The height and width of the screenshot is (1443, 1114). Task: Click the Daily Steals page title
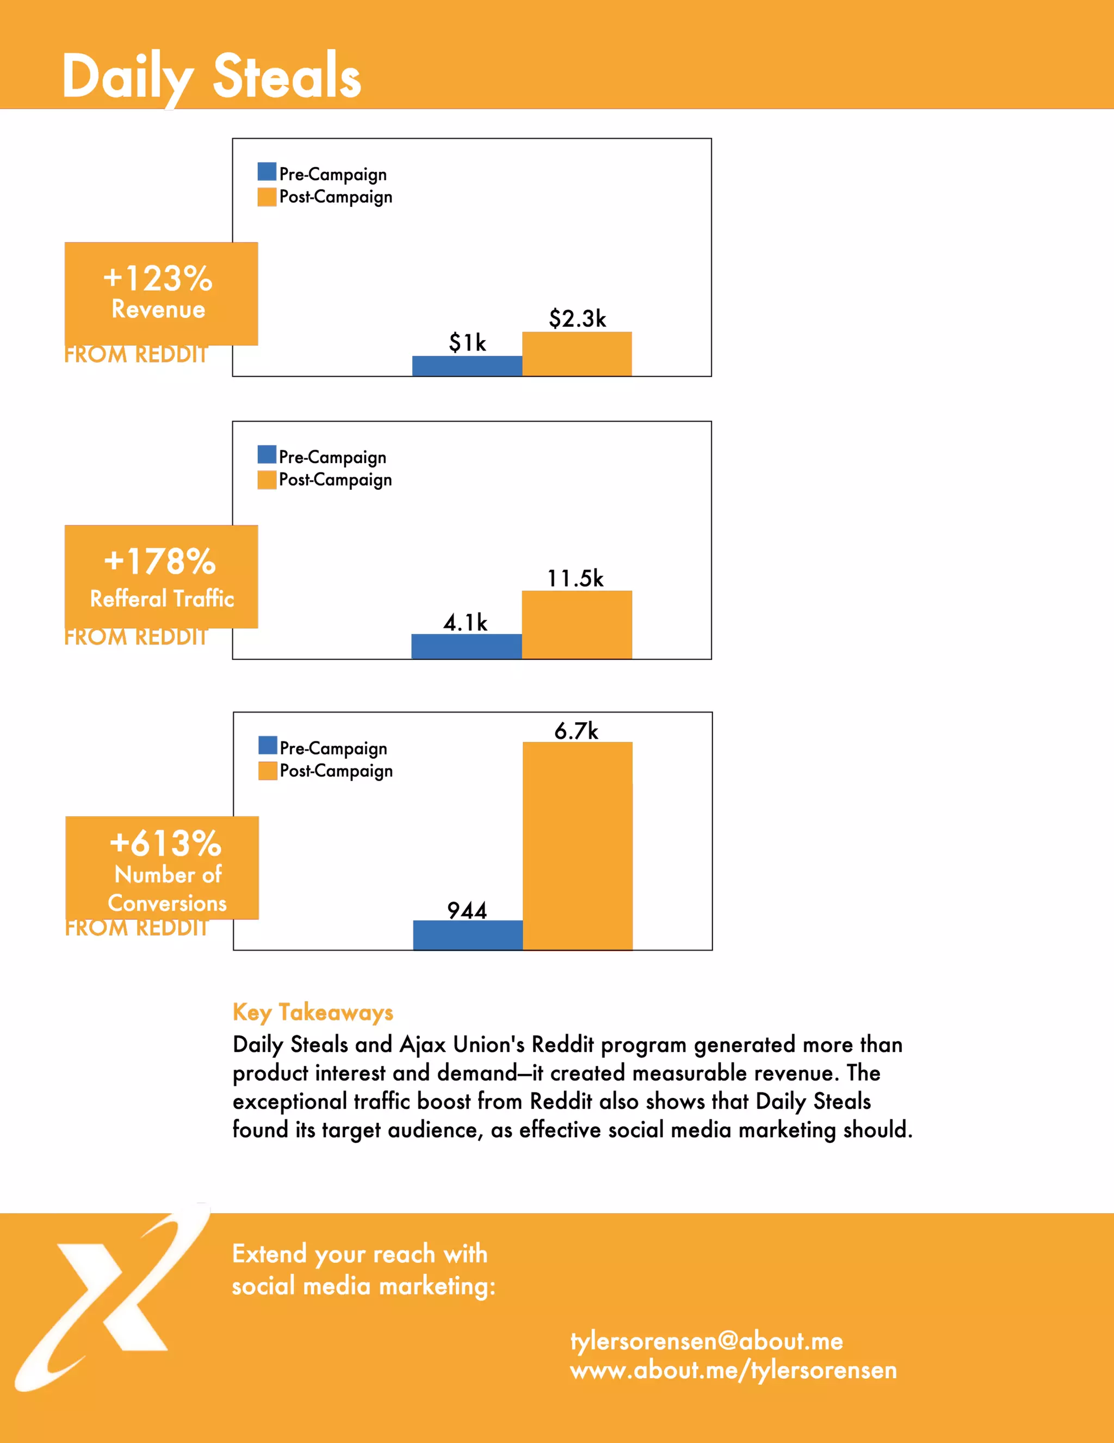click(x=211, y=77)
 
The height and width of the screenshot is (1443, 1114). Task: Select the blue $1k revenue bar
click(x=467, y=366)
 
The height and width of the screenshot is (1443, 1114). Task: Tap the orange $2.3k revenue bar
click(x=577, y=354)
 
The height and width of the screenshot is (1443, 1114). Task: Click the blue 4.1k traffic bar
click(x=466, y=646)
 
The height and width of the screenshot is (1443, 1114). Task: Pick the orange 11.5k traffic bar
click(x=577, y=624)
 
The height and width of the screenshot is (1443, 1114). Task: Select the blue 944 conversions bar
click(x=468, y=935)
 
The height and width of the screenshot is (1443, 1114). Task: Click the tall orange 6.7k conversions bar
click(x=577, y=846)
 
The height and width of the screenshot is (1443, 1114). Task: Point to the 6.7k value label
click(x=576, y=730)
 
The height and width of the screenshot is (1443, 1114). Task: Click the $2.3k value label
click(x=577, y=318)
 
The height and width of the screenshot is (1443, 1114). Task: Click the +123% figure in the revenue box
click(x=158, y=278)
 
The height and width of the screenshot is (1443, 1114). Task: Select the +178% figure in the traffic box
click(x=160, y=562)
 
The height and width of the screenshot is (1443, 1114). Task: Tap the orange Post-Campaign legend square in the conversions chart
click(x=268, y=770)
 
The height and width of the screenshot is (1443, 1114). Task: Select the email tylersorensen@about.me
click(x=707, y=1341)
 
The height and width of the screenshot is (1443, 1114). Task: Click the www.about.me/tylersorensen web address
click(x=733, y=1370)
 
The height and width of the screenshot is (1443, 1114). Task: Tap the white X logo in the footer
click(x=112, y=1298)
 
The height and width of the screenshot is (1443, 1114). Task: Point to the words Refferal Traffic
click(x=162, y=599)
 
